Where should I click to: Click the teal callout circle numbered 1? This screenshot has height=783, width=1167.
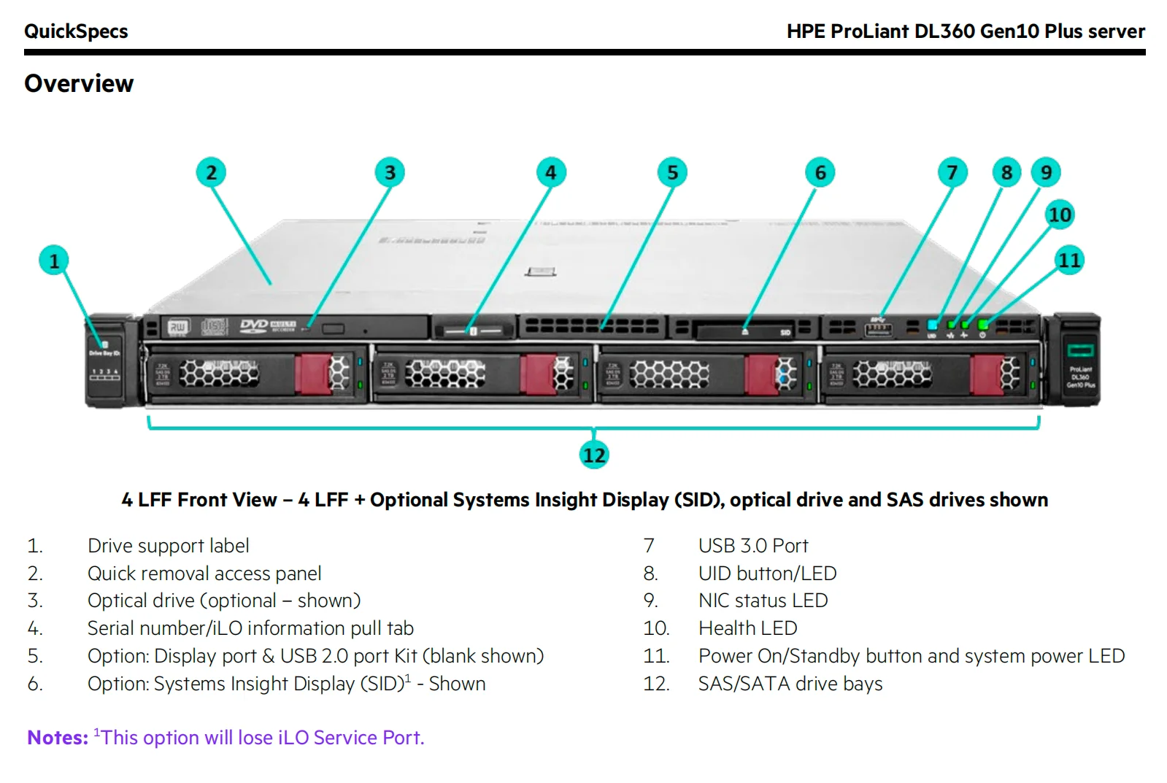click(53, 261)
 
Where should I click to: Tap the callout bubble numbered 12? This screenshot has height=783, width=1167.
click(594, 455)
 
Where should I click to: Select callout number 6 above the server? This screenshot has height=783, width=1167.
click(820, 173)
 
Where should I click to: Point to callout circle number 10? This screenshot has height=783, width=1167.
click(1060, 215)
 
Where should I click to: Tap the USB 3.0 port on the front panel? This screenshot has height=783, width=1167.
click(878, 328)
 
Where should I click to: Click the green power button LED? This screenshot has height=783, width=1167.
click(983, 324)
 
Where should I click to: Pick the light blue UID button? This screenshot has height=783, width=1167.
click(932, 324)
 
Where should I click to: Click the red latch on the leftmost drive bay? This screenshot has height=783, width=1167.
click(312, 374)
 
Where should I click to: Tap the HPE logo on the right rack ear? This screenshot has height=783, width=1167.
click(1080, 350)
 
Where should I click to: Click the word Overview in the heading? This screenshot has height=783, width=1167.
click(79, 84)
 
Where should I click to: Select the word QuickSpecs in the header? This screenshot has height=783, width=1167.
click(76, 31)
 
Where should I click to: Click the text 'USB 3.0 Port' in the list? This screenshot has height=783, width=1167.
click(752, 546)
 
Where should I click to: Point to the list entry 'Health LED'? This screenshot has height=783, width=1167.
click(747, 628)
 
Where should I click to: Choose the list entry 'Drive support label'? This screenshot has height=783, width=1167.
click(168, 546)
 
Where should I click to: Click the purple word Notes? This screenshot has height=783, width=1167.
click(58, 738)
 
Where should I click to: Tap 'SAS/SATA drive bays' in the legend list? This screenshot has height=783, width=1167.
click(790, 684)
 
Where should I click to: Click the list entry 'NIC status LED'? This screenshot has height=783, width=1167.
click(763, 601)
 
